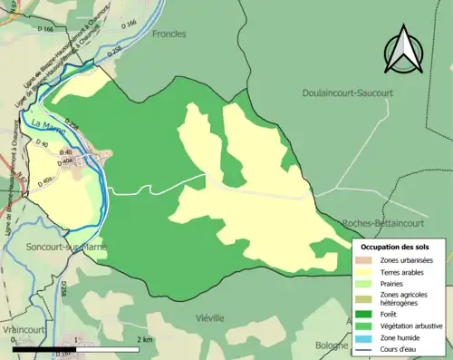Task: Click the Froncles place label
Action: (169, 34)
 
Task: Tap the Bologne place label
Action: (331, 345)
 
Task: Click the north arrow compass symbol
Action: (403, 50)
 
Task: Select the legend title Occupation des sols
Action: (395, 247)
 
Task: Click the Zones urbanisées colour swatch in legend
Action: (366, 260)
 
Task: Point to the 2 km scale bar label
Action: (144, 339)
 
